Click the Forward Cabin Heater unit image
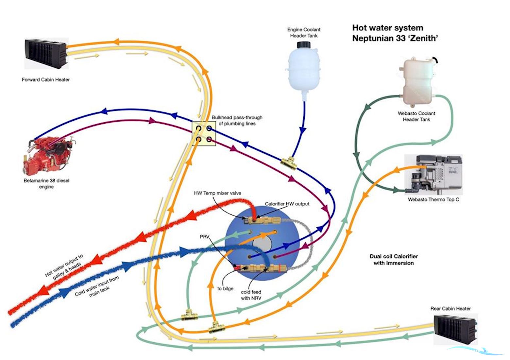pyautogui.click(x=45, y=54)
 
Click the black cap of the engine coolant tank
pyautogui.click(x=304, y=44)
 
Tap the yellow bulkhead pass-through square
pyautogui.click(x=203, y=134)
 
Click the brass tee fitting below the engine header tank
pyautogui.click(x=289, y=163)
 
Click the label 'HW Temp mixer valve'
pyautogui.click(x=217, y=193)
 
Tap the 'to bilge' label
pyautogui.click(x=225, y=289)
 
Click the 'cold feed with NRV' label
pyautogui.click(x=251, y=295)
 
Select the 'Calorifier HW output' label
pyautogui.click(x=287, y=204)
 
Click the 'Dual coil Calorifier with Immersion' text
pyautogui.click(x=394, y=260)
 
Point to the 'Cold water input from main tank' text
pyautogui.click(x=97, y=286)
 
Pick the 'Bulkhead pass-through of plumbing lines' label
pyautogui.click(x=237, y=120)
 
